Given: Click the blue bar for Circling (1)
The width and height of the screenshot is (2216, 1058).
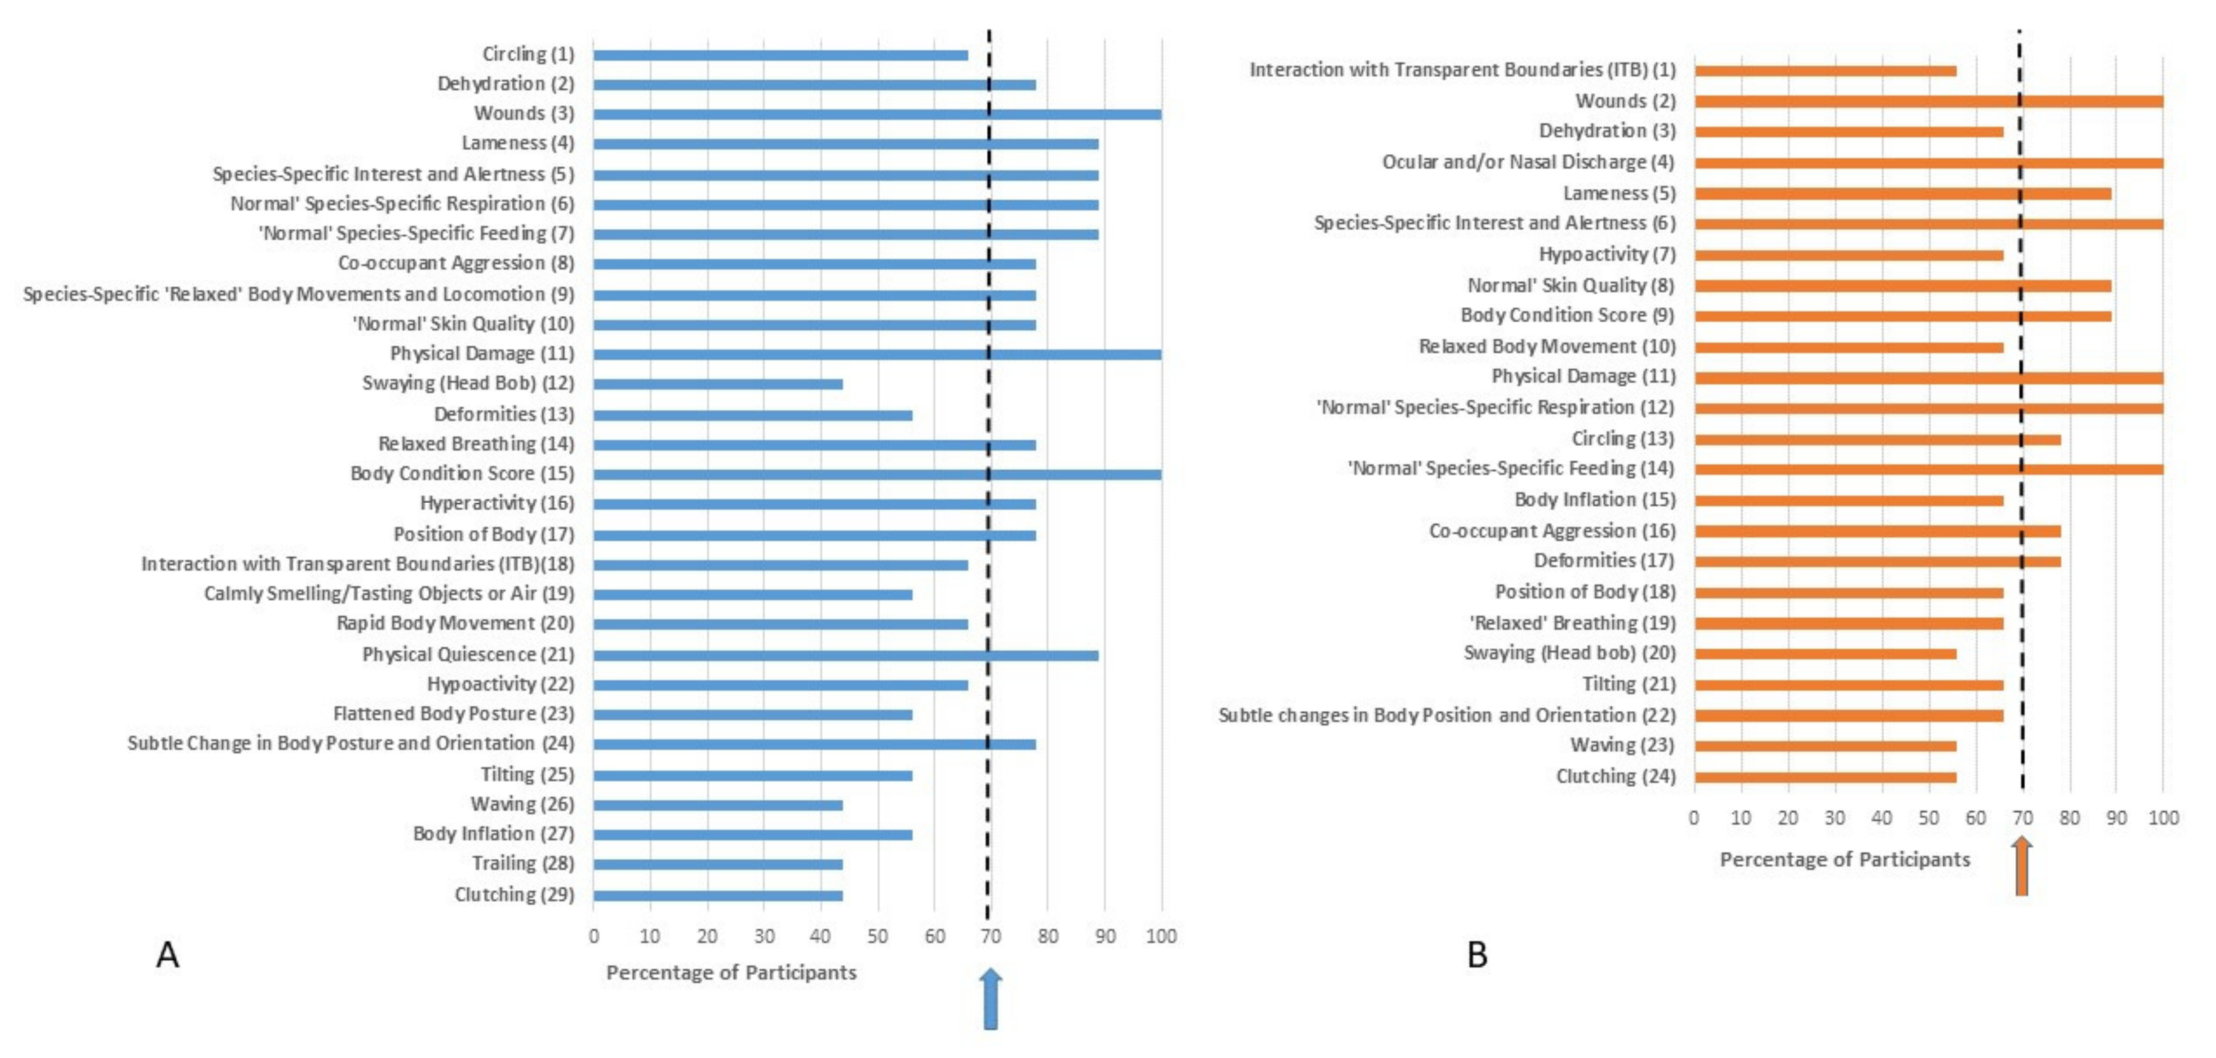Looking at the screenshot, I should (780, 55).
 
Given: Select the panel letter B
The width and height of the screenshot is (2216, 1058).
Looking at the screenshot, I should (1477, 955).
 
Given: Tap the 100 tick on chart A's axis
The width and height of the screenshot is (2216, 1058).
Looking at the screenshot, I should (1162, 936).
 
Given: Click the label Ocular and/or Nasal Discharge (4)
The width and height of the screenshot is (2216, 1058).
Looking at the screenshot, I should (1528, 162).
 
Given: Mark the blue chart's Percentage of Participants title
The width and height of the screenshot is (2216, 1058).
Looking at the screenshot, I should (731, 973).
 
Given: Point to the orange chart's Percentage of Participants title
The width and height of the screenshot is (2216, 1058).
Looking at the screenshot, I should (1844, 859).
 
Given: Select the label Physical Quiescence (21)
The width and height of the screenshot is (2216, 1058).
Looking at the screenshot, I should (468, 654).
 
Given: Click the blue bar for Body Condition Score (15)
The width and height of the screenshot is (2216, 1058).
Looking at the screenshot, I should (877, 474).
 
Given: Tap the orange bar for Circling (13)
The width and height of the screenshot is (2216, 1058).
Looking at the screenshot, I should (1877, 440).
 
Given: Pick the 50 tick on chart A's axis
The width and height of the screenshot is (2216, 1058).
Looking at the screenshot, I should (877, 936).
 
